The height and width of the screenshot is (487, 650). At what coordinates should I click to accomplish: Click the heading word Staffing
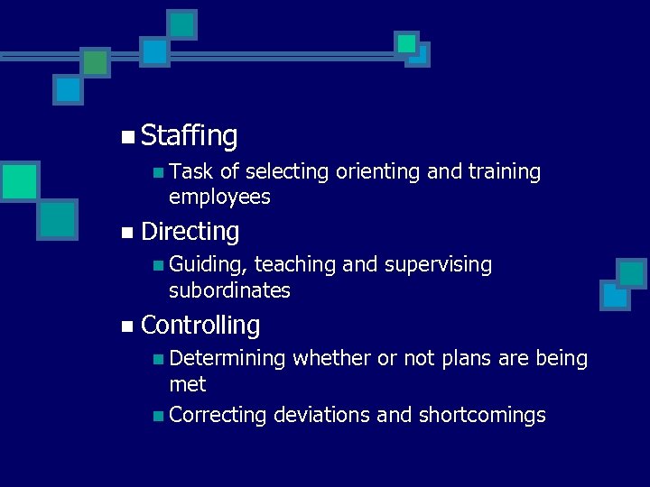(190, 137)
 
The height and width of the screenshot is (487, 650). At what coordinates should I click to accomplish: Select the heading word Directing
(190, 232)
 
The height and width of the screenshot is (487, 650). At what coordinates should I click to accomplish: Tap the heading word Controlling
(200, 326)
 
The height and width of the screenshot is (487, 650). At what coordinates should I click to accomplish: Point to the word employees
(219, 197)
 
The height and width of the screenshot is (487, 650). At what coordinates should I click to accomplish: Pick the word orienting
(378, 171)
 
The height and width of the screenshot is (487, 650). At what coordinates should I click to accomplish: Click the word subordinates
(229, 290)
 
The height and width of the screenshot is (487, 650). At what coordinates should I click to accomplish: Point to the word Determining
(227, 359)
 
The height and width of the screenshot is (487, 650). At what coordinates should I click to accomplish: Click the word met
(188, 384)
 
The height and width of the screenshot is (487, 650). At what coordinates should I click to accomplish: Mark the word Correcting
(218, 415)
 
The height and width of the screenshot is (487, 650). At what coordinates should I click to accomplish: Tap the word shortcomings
(482, 415)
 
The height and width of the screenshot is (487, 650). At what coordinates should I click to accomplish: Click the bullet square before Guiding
(158, 265)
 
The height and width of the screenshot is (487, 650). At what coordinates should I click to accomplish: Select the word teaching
(296, 265)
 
